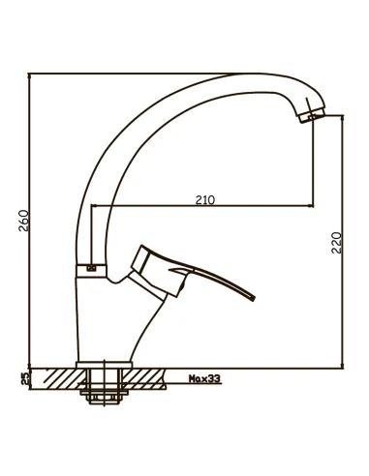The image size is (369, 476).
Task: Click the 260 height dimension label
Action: (24, 221)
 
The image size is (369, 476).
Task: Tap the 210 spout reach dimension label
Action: (205, 200)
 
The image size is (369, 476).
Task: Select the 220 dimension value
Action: (336, 243)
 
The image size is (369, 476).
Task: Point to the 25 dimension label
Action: (25, 378)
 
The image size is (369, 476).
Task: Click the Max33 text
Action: (204, 378)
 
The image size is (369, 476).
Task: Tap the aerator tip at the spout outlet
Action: (312, 115)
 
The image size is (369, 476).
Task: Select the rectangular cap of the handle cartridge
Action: (140, 259)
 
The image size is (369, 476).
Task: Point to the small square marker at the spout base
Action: (92, 268)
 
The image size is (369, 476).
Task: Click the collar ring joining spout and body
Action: (91, 271)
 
